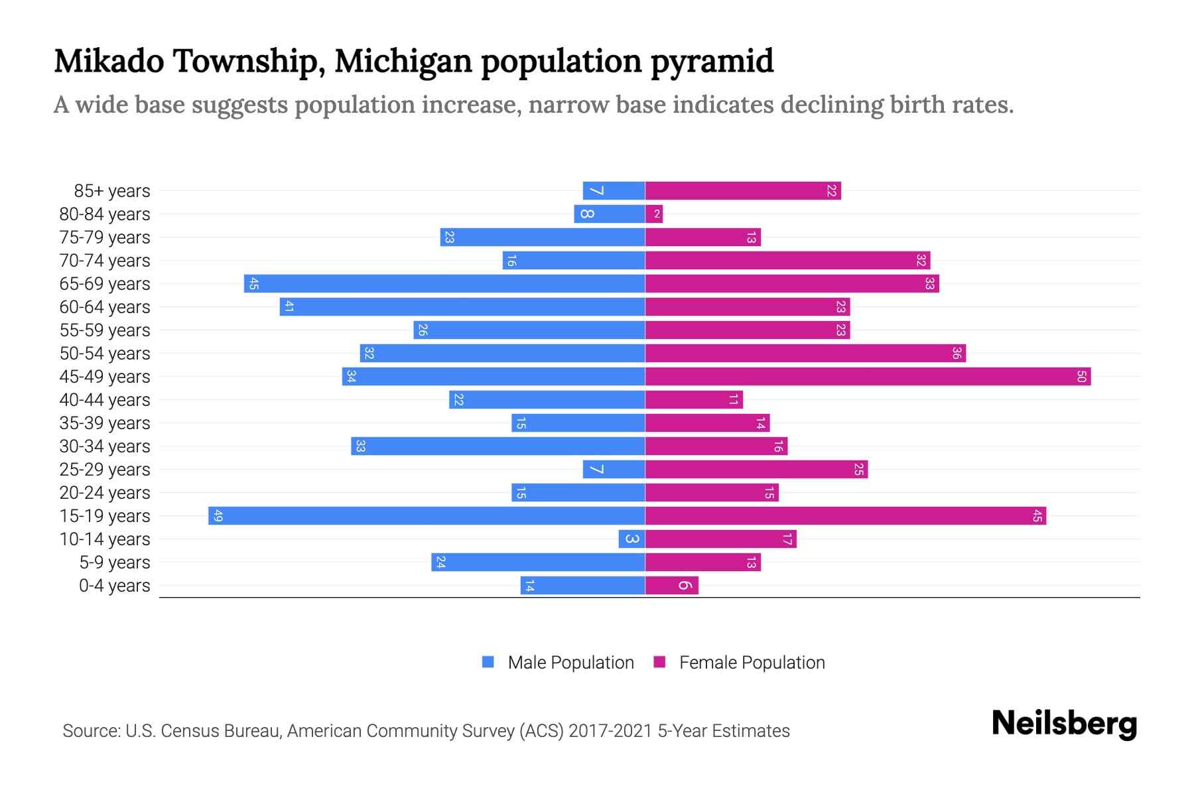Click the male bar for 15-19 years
427,516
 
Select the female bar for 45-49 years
868,377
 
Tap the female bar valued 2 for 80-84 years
654,214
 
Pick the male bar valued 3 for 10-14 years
631,539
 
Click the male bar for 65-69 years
444,284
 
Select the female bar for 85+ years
743,191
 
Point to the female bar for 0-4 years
671,586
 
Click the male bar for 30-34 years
497,446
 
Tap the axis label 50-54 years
105,354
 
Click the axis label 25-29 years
105,470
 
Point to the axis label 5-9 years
114,563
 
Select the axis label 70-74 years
105,261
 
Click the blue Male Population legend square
488,662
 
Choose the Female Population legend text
752,663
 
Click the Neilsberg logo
1064,724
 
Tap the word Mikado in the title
109,61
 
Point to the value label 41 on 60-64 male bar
289,307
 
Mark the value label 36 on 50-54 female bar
956,354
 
